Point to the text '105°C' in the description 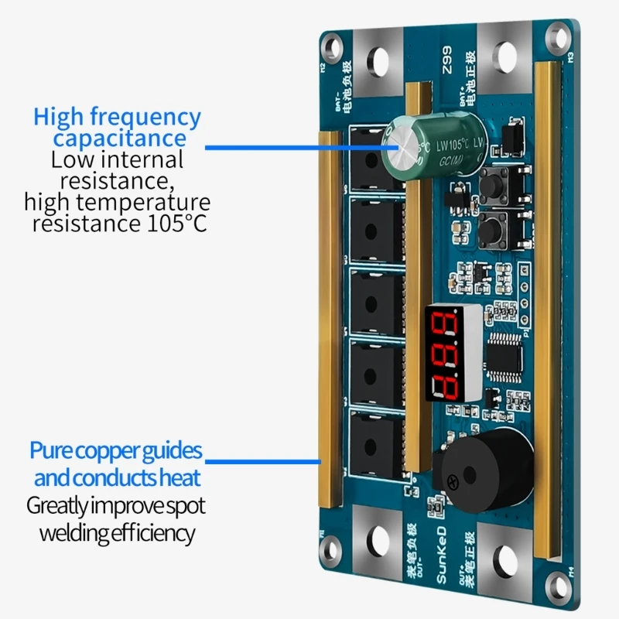(173, 224)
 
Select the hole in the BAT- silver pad (378, 60)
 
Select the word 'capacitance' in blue (120, 139)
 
